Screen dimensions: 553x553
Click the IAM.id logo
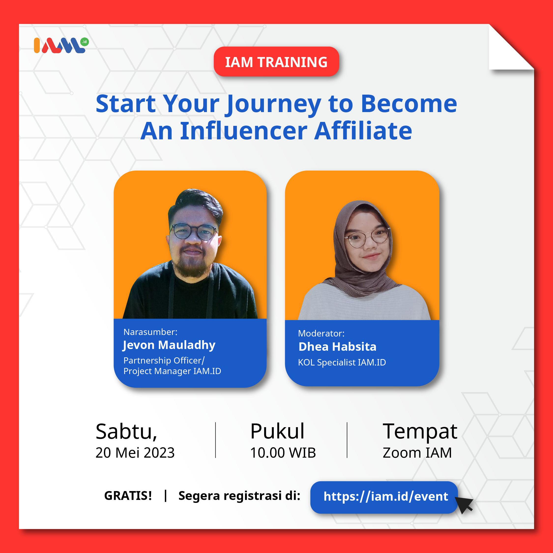click(x=61, y=45)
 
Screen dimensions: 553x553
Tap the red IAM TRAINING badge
click(x=276, y=61)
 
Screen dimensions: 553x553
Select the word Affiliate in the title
click(x=363, y=131)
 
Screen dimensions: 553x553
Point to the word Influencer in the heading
click(x=244, y=131)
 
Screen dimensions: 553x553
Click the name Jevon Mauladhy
click(x=169, y=346)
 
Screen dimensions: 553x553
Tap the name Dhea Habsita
click(x=337, y=347)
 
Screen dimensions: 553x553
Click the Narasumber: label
click(x=150, y=332)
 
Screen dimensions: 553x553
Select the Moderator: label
click(x=321, y=334)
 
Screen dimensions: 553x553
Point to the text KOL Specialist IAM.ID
click(x=342, y=362)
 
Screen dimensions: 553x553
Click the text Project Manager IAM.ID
click(x=172, y=371)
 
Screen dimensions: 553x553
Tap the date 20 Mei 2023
click(x=135, y=452)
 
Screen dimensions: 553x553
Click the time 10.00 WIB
click(x=283, y=452)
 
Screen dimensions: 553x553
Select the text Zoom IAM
click(x=417, y=452)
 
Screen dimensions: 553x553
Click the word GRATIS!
click(x=128, y=496)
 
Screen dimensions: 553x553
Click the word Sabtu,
click(x=126, y=431)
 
